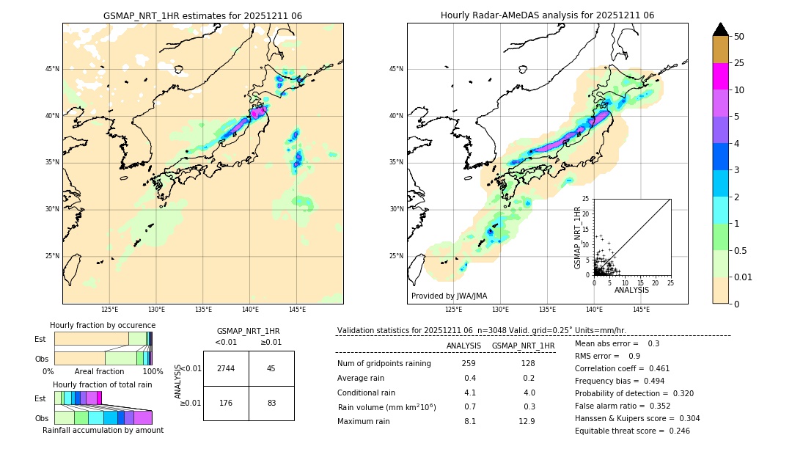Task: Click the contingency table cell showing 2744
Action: click(x=226, y=368)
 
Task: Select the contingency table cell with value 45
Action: click(x=271, y=368)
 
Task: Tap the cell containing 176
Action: click(x=226, y=402)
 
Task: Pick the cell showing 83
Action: click(x=271, y=402)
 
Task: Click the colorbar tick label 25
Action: click(x=739, y=63)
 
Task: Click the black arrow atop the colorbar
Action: click(x=721, y=29)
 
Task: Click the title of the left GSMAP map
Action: click(x=202, y=15)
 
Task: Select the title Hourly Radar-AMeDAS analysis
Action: click(x=547, y=15)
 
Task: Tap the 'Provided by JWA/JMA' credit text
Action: click(x=449, y=296)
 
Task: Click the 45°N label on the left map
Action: click(x=52, y=69)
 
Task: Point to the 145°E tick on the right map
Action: click(x=641, y=310)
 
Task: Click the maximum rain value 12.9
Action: click(x=527, y=421)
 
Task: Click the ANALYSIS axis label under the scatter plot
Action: click(x=631, y=290)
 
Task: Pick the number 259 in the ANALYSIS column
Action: click(x=469, y=363)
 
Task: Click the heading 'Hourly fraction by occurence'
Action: click(x=103, y=325)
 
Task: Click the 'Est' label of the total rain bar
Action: click(x=40, y=398)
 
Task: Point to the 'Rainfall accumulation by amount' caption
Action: click(x=103, y=430)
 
